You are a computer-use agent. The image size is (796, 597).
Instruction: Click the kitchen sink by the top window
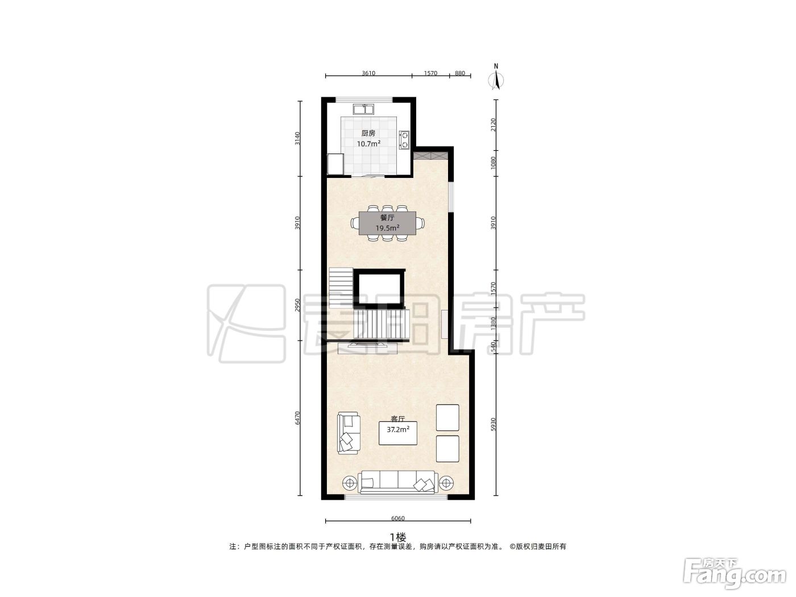(364, 109)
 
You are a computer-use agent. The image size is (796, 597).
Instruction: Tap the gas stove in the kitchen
(404, 140)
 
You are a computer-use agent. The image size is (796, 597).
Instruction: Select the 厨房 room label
(368, 134)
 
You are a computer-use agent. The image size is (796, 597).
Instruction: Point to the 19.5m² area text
(387, 228)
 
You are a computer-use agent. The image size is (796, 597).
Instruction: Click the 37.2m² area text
(398, 429)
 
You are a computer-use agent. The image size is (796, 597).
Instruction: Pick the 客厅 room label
(398, 419)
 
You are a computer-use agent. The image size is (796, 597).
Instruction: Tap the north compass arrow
(496, 81)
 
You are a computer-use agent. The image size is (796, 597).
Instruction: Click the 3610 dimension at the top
(368, 73)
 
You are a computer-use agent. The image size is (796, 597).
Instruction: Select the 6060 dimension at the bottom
(397, 519)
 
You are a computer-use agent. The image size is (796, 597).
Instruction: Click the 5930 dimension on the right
(493, 425)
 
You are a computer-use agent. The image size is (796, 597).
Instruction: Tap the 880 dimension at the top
(459, 73)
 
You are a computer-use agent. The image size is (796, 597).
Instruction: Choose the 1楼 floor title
(397, 537)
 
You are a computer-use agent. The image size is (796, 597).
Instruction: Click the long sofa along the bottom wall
(397, 482)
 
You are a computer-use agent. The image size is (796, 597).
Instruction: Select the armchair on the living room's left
(349, 433)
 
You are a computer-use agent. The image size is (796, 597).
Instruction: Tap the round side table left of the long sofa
(350, 483)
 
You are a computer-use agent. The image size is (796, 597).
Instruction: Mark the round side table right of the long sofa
(446, 483)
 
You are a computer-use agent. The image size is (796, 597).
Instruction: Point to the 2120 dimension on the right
(493, 125)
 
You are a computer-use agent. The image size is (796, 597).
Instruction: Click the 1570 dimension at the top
(430, 73)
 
